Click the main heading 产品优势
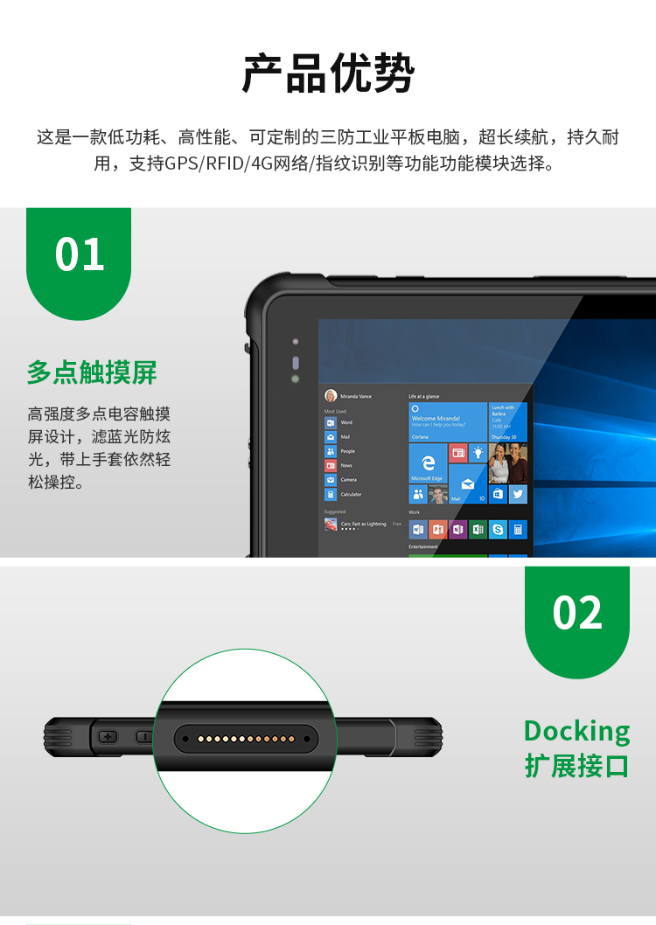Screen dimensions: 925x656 [x=328, y=73]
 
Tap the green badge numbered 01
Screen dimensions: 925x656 [x=79, y=254]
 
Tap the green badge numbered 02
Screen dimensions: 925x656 [x=577, y=612]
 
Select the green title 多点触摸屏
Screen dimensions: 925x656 [x=92, y=372]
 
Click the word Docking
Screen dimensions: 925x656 [x=576, y=730]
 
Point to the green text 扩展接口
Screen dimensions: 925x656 [x=576, y=765]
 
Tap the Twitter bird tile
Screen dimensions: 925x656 [x=518, y=494]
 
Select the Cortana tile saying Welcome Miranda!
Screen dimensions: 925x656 [x=447, y=421]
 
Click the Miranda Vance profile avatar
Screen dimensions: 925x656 [x=331, y=395]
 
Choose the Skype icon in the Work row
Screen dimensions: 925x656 [x=498, y=529]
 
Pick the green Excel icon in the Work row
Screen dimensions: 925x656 [x=478, y=529]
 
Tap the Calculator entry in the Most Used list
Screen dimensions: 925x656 [x=331, y=494]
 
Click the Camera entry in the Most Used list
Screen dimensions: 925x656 [x=331, y=480]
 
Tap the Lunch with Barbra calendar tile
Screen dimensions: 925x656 [x=508, y=421]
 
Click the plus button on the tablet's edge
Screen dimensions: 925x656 [x=108, y=736]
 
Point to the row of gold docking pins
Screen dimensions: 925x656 [x=244, y=739]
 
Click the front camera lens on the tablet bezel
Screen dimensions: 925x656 [x=295, y=362]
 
